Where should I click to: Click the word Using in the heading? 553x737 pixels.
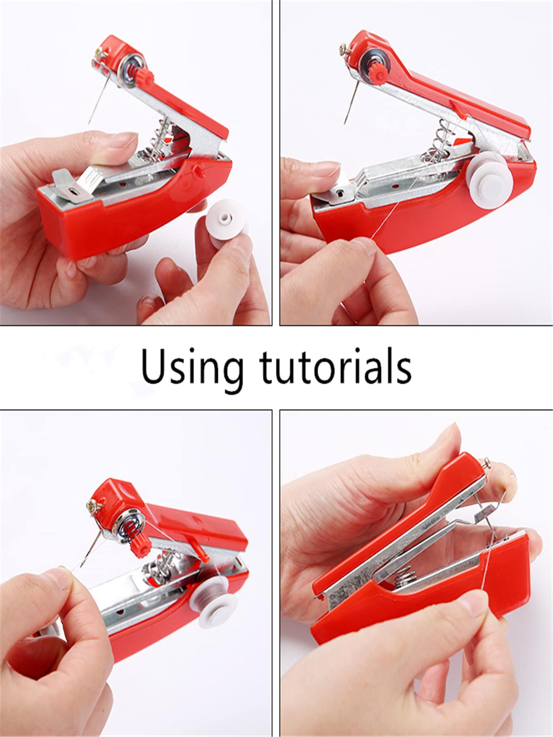(x=193, y=367)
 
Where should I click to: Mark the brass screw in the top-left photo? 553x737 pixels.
(x=99, y=53)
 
